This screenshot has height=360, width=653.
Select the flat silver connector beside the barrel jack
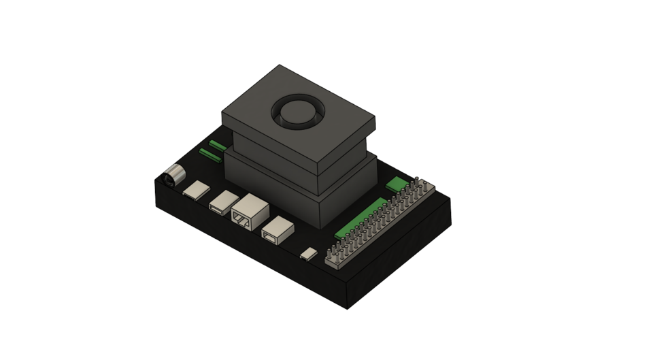(x=197, y=191)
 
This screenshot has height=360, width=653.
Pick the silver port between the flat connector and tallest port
(x=222, y=202)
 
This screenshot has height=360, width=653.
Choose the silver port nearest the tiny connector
(x=278, y=229)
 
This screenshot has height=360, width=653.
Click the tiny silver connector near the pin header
(x=309, y=254)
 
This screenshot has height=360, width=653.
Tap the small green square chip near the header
(x=395, y=184)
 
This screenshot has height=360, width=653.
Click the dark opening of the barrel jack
(x=167, y=182)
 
